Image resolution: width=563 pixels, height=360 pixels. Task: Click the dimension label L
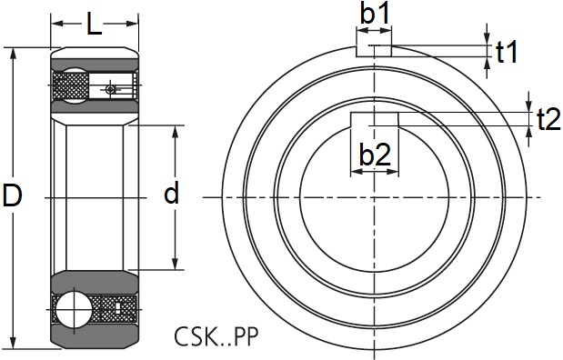(x=95, y=24)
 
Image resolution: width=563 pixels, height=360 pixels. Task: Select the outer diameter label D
(x=13, y=195)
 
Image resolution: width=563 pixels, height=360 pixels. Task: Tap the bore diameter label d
(x=171, y=193)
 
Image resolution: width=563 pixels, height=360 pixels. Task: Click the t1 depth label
(x=507, y=52)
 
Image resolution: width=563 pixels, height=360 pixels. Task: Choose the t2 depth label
(x=548, y=119)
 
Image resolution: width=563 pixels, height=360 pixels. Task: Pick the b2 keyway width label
(x=375, y=155)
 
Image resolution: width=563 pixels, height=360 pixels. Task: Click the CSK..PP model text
(x=216, y=336)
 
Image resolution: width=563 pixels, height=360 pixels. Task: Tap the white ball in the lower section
(x=73, y=308)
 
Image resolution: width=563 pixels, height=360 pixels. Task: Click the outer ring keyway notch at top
(x=374, y=51)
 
